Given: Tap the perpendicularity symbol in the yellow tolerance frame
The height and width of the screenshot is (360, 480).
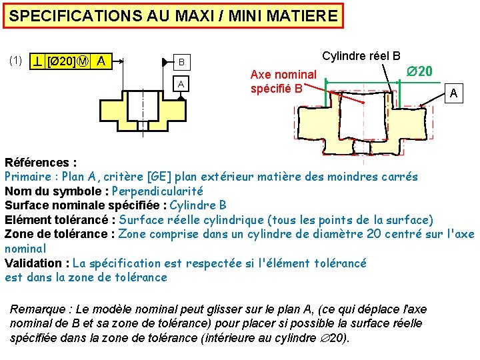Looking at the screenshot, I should pos(39,62).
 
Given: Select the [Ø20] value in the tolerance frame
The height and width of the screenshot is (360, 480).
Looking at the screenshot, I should pos(62,62).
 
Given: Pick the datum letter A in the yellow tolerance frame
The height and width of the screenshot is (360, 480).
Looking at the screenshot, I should pos(101,62).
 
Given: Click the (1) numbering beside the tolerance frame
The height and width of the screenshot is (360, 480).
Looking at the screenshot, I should pos(16,61).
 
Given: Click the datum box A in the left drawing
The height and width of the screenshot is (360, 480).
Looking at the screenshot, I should pos(180,84).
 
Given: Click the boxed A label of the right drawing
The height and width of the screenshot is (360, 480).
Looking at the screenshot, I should pos(453,94).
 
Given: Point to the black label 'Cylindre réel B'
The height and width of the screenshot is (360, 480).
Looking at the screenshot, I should pos(361,56).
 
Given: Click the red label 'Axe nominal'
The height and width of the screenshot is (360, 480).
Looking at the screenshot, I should pos(283,75).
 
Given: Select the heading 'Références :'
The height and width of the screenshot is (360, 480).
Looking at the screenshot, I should pos(41,163).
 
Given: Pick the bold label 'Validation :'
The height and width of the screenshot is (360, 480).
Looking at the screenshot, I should pos(37,263).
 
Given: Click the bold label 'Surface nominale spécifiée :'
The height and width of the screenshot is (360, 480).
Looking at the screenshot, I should pos(85,205).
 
